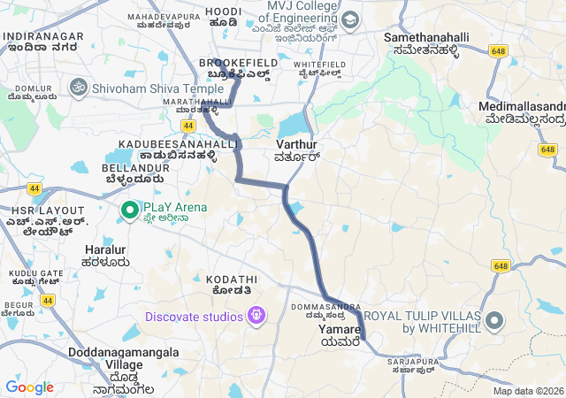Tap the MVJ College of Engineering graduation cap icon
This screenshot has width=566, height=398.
point(349,19)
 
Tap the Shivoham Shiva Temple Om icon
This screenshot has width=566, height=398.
point(77,88)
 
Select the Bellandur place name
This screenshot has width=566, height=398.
point(130,172)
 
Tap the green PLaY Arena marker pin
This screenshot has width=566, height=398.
point(128,210)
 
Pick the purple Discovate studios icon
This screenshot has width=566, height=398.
point(256,316)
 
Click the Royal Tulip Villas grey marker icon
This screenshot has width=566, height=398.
point(493,321)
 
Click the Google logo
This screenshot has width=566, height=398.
point(29,387)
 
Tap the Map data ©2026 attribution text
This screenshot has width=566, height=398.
point(527,391)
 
